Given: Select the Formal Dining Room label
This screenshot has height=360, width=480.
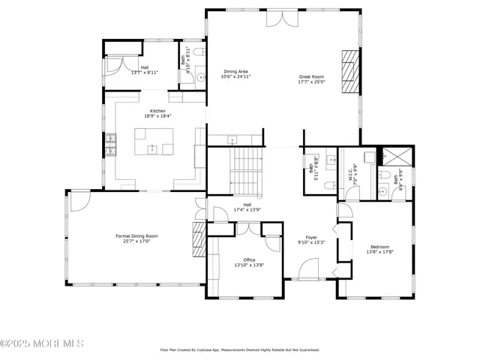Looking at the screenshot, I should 136,235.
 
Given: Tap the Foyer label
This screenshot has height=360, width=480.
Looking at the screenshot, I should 311,237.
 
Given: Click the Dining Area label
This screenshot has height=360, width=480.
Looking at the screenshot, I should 235,72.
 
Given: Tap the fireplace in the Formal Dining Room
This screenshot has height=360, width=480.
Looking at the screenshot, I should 199,240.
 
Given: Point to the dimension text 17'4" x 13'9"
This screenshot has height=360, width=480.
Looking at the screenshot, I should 247,209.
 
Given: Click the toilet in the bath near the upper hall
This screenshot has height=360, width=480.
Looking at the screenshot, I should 198,52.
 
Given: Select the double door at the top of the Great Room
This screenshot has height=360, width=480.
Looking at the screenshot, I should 281,19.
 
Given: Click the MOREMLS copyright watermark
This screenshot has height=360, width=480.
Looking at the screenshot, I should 43,343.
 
